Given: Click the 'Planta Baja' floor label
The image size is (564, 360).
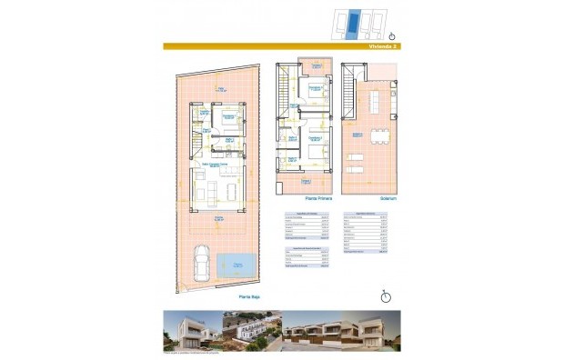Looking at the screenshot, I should (x=250, y=295).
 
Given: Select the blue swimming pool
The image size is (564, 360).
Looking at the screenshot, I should (x=237, y=265).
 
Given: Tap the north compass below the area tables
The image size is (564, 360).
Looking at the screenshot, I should (x=386, y=295).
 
